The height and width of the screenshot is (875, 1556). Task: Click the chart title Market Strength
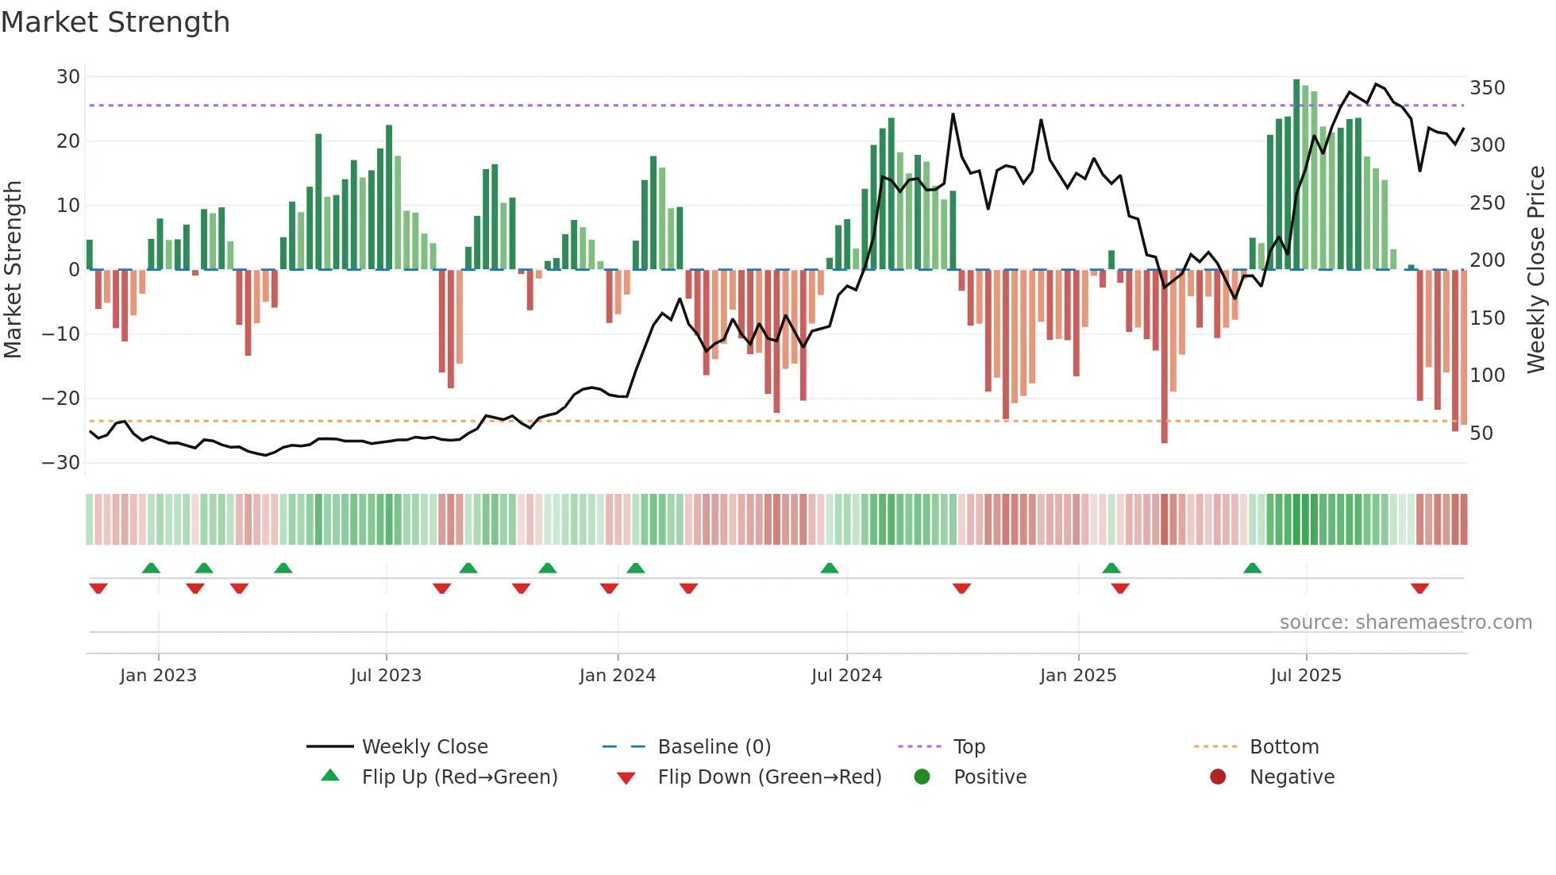(x=115, y=22)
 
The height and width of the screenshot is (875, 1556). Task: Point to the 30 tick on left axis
(x=68, y=77)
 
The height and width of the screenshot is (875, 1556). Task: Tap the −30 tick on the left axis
(x=62, y=462)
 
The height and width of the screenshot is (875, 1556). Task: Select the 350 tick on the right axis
(x=1487, y=87)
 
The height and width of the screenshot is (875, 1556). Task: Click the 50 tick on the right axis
(x=1481, y=433)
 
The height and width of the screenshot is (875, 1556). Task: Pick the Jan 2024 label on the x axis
(x=617, y=675)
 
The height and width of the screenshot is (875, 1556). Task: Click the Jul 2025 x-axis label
(x=1306, y=675)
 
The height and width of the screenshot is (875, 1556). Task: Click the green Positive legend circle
(x=922, y=777)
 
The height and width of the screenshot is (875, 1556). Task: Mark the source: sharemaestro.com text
(x=1405, y=622)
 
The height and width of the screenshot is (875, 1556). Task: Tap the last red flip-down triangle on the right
(x=1419, y=588)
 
